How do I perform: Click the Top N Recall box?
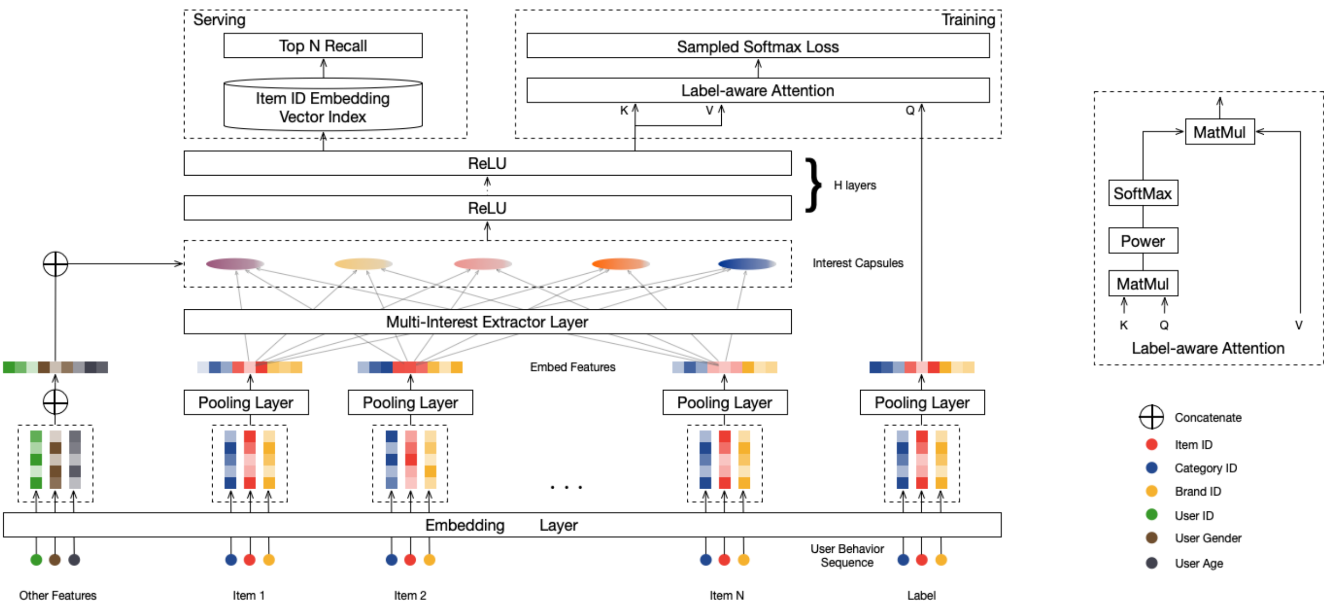[323, 46]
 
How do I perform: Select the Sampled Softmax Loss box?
[757, 46]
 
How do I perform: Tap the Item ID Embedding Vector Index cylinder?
[323, 107]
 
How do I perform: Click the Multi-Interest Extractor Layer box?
[487, 322]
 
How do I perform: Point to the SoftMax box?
[1142, 193]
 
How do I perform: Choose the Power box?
[1142, 241]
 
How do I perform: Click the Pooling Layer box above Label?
[922, 403]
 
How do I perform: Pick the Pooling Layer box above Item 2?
[410, 403]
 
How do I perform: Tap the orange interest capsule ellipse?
[620, 264]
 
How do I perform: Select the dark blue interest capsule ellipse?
[746, 264]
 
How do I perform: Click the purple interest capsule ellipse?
[234, 264]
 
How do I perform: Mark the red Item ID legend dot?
[1151, 445]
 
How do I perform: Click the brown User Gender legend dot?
[1151, 538]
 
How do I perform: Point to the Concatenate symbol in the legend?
[1151, 417]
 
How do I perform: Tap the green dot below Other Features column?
[36, 559]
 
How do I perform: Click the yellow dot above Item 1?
[269, 559]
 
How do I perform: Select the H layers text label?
[854, 185]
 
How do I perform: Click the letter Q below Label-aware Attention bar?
[910, 110]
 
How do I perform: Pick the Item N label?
[727, 595]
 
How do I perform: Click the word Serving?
[219, 20]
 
